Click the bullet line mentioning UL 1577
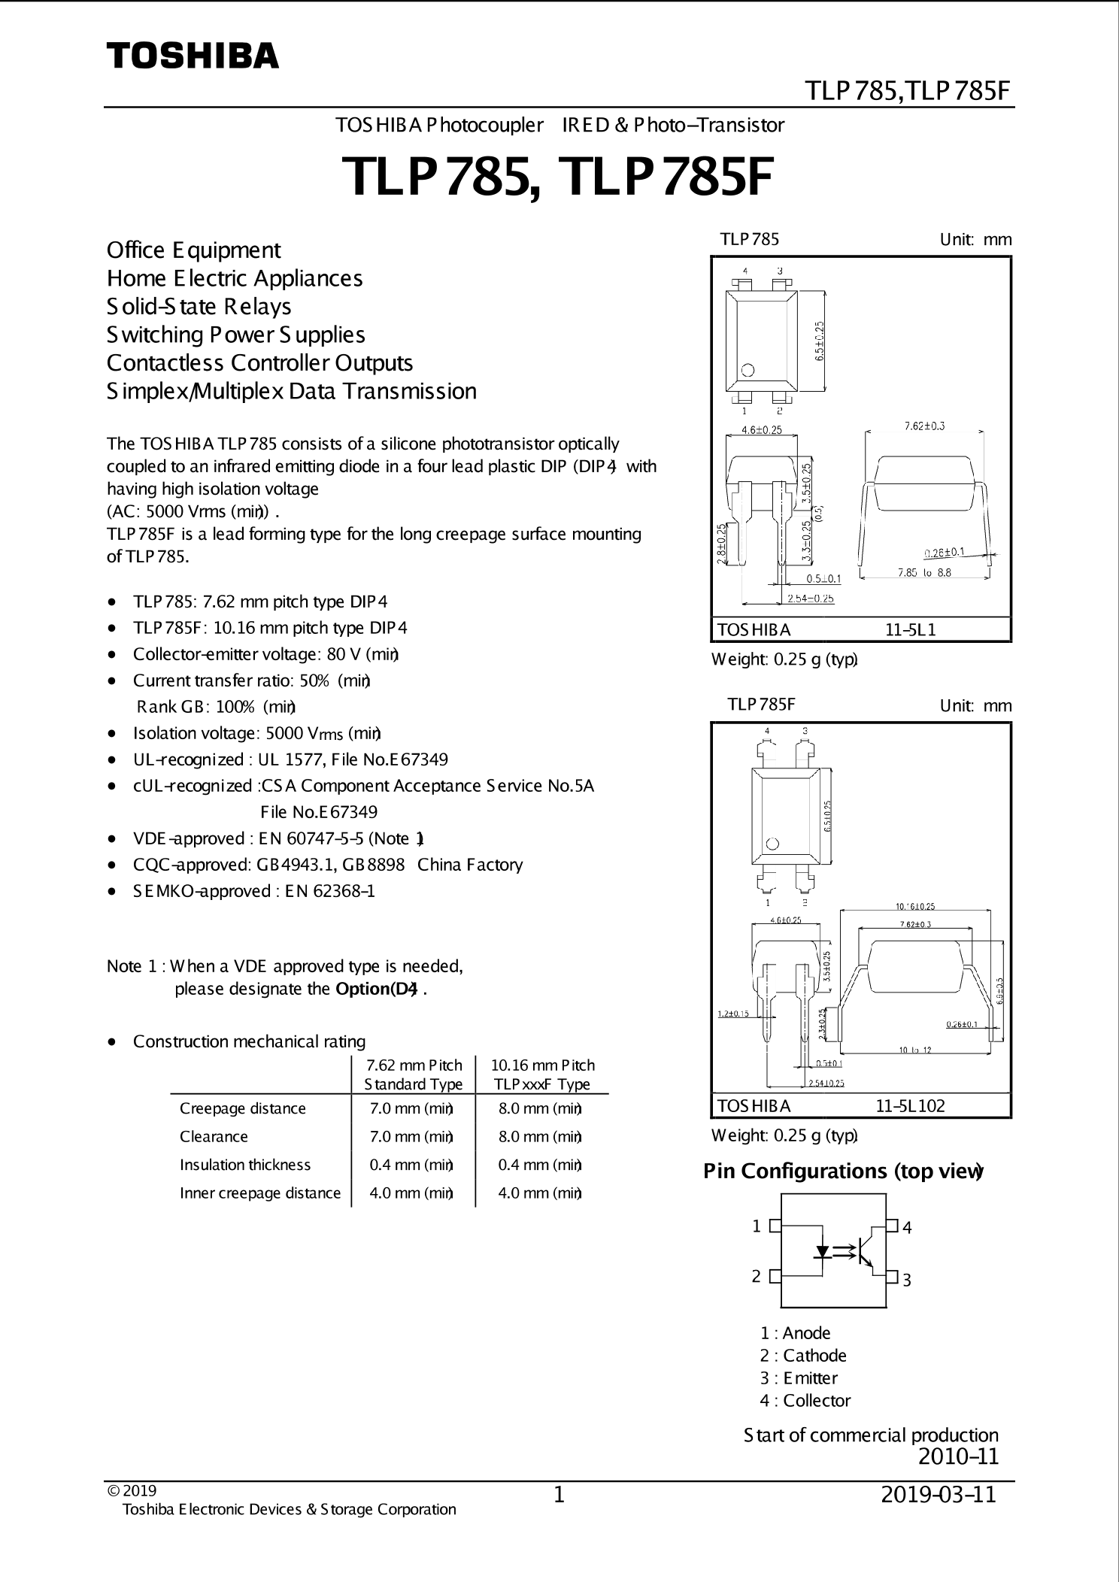pos(290,759)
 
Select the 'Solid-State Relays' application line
pos(199,307)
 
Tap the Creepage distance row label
pos(242,1108)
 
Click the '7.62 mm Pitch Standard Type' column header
pos(414,1074)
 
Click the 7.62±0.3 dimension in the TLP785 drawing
pos(924,426)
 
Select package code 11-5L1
pos(910,630)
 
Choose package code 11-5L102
pos(910,1105)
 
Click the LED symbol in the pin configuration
pos(823,1252)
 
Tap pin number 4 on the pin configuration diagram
pos(908,1228)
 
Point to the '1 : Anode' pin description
pos(795,1333)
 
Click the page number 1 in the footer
pos(559,1495)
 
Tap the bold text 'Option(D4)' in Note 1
pos(376,989)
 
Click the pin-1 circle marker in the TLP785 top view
pos(748,370)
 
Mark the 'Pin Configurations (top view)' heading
pos(843,1171)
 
